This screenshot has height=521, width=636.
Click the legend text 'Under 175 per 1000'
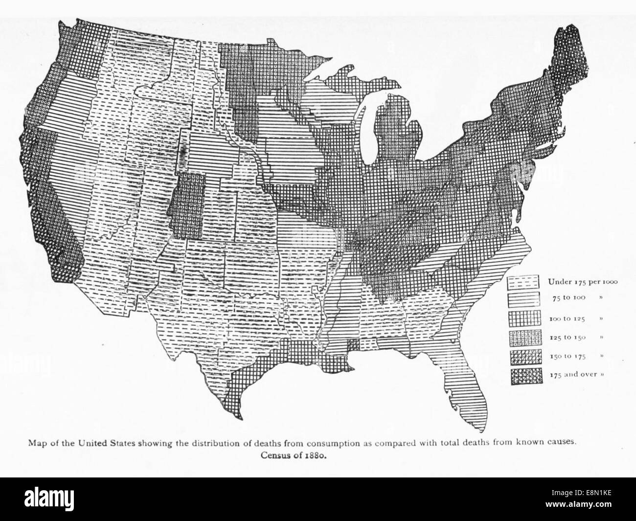[583, 281]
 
